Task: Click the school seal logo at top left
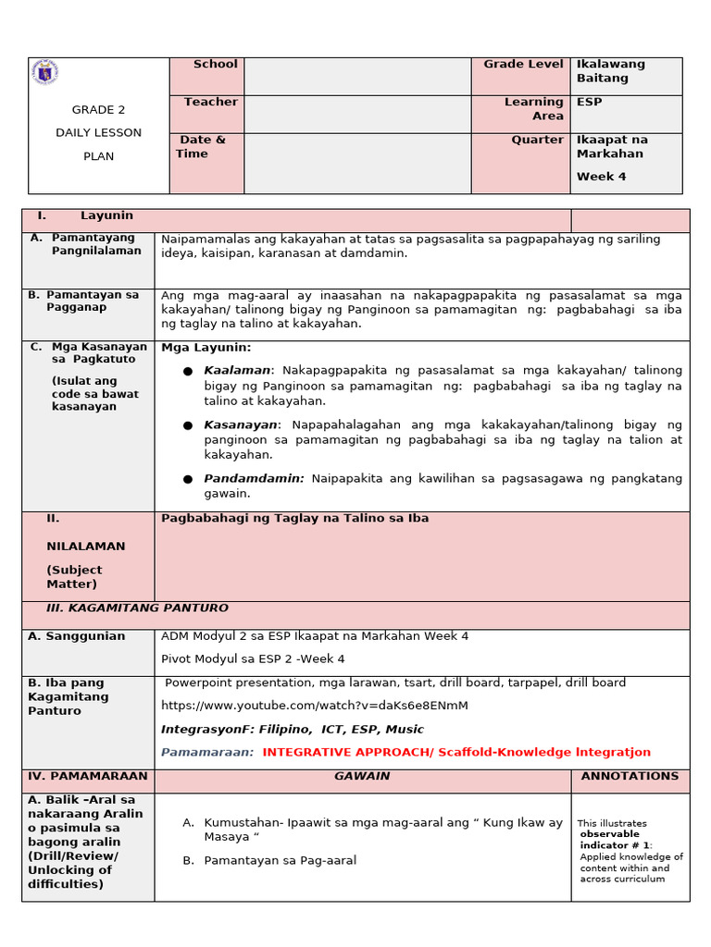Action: pos(44,73)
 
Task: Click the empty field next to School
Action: pos(357,76)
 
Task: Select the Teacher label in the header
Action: pos(210,102)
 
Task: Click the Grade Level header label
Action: pos(523,64)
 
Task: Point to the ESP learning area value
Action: pos(589,102)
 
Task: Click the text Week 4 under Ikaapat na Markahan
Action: pos(602,177)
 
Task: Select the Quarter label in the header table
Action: pos(537,140)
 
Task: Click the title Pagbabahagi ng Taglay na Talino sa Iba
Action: pos(294,519)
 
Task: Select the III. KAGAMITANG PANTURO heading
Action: pos(137,609)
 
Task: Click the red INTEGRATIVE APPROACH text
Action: pos(456,753)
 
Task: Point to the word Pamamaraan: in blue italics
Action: pos(207,753)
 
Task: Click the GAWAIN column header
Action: pos(362,777)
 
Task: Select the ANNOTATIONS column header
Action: pos(630,777)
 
